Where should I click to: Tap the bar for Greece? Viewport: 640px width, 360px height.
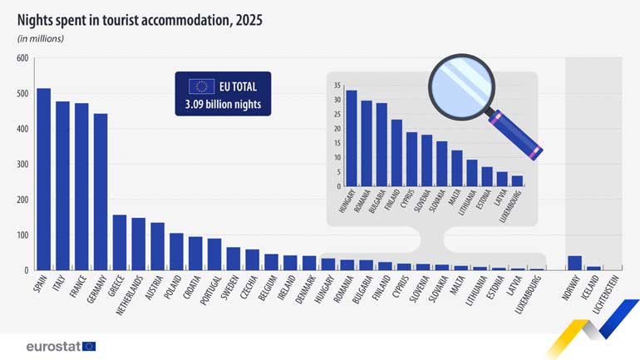pos(120,242)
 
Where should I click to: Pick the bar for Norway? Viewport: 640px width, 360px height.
pos(574,263)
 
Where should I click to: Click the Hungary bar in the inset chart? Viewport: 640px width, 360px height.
pos(352,138)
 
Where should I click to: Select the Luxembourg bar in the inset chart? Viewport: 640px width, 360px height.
pos(517,180)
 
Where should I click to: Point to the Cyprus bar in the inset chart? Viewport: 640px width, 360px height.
pos(411,159)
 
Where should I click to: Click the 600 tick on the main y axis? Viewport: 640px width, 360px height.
pos(22,58)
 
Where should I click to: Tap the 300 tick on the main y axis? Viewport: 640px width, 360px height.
pos(22,165)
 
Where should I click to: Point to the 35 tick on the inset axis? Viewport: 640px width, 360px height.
pos(337,86)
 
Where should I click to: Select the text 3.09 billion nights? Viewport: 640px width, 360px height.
pos(222,105)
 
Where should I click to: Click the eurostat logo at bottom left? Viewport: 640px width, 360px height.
pos(61,346)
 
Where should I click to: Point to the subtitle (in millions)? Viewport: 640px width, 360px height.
pos(41,38)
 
